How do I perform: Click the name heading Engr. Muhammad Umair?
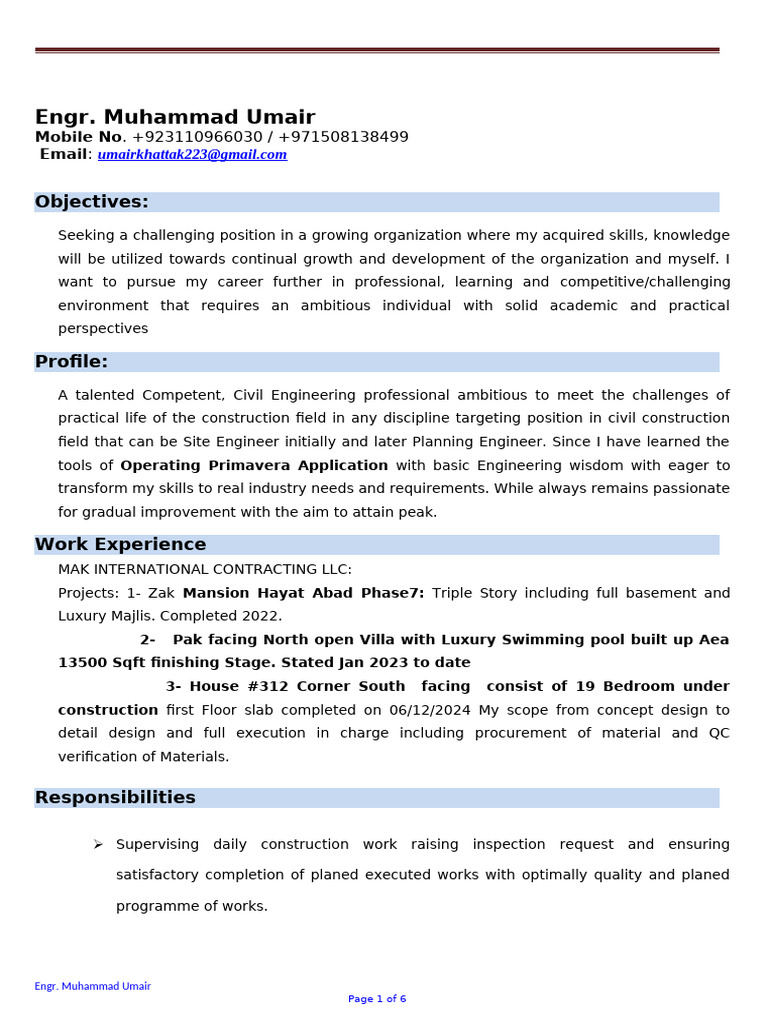pyautogui.click(x=175, y=117)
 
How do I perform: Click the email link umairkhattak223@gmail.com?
pyautogui.click(x=192, y=154)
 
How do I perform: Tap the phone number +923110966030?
pyautogui.click(x=197, y=137)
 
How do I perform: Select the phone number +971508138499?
pyautogui.click(x=343, y=137)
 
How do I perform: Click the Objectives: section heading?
pyautogui.click(x=92, y=202)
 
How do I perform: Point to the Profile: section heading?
pyautogui.click(x=72, y=362)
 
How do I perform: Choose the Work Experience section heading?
pyautogui.click(x=121, y=545)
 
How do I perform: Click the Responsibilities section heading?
pyautogui.click(x=115, y=798)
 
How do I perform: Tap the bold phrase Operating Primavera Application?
pyautogui.click(x=254, y=465)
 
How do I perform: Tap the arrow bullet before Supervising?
pyautogui.click(x=98, y=845)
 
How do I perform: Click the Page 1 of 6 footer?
pyautogui.click(x=377, y=999)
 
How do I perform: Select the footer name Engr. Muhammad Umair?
pyautogui.click(x=93, y=986)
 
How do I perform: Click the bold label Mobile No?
pyautogui.click(x=79, y=137)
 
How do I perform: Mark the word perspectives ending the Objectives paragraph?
pyautogui.click(x=103, y=328)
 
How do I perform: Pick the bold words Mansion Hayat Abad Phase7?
pyautogui.click(x=303, y=593)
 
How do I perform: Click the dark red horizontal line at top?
pyautogui.click(x=377, y=49)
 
